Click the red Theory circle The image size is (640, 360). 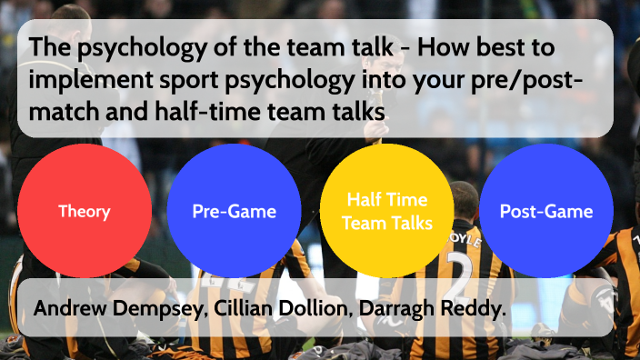pyautogui.click(x=85, y=211)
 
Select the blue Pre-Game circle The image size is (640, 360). pyautogui.click(x=234, y=211)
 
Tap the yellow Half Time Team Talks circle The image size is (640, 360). pyautogui.click(x=387, y=211)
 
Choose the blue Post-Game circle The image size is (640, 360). pyautogui.click(x=545, y=211)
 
